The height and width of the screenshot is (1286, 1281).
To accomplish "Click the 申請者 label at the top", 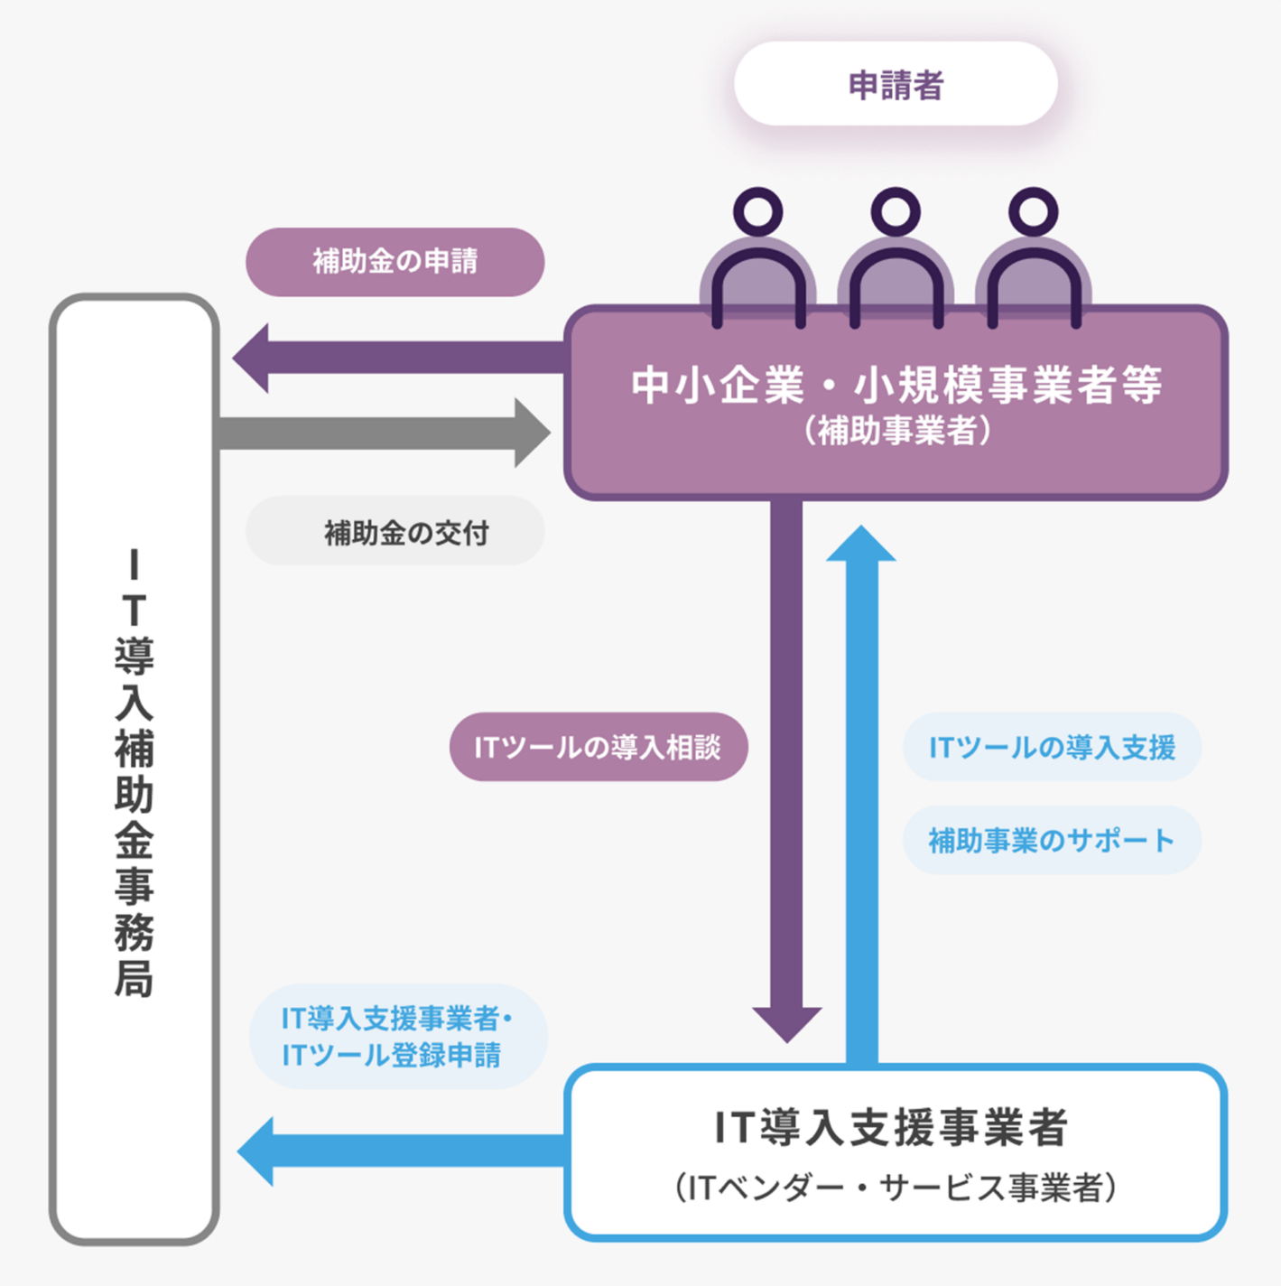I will click(896, 85).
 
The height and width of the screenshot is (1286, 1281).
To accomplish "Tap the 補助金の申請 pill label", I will click(395, 262).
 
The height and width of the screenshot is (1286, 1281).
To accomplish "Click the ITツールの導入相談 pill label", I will click(598, 747).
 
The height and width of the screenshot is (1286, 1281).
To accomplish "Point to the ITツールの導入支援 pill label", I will click(1052, 747).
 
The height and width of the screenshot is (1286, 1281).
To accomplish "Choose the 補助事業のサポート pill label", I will click(1052, 840).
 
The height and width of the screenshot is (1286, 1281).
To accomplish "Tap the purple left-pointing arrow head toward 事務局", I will click(254, 359).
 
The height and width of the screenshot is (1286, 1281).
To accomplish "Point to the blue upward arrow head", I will click(861, 545).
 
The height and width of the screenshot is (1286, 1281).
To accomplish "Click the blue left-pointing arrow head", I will click(258, 1151).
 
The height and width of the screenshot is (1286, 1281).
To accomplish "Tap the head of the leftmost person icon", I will click(758, 211).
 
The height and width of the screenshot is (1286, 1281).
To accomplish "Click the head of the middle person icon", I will click(896, 211).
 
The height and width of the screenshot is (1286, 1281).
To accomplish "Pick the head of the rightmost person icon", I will click(1034, 211).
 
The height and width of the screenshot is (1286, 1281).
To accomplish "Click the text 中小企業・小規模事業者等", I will click(896, 385).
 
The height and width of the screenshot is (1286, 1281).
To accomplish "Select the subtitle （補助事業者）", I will click(896, 431).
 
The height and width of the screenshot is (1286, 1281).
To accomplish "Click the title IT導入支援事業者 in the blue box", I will click(892, 1127).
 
